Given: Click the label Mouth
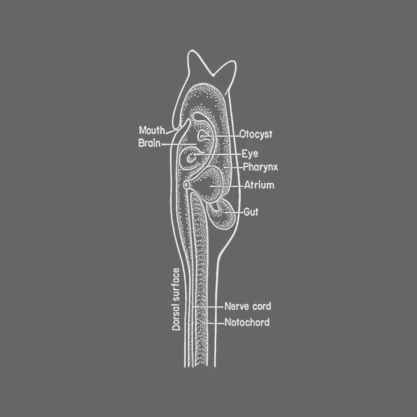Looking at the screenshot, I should (x=152, y=131).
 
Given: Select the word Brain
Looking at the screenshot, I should (x=149, y=143).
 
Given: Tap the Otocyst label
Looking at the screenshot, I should (x=256, y=134).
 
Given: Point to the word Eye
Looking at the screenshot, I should (x=250, y=154).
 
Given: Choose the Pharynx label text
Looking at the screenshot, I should (x=260, y=167).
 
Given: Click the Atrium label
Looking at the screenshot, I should (x=259, y=185).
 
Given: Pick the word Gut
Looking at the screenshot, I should (x=251, y=212).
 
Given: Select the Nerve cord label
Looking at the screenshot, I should (x=248, y=306).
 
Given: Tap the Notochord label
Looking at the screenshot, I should (x=247, y=323).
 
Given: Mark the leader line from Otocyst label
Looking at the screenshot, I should (x=224, y=135).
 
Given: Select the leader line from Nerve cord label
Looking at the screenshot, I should (x=210, y=306).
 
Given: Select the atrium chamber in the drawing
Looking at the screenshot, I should (x=213, y=184).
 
